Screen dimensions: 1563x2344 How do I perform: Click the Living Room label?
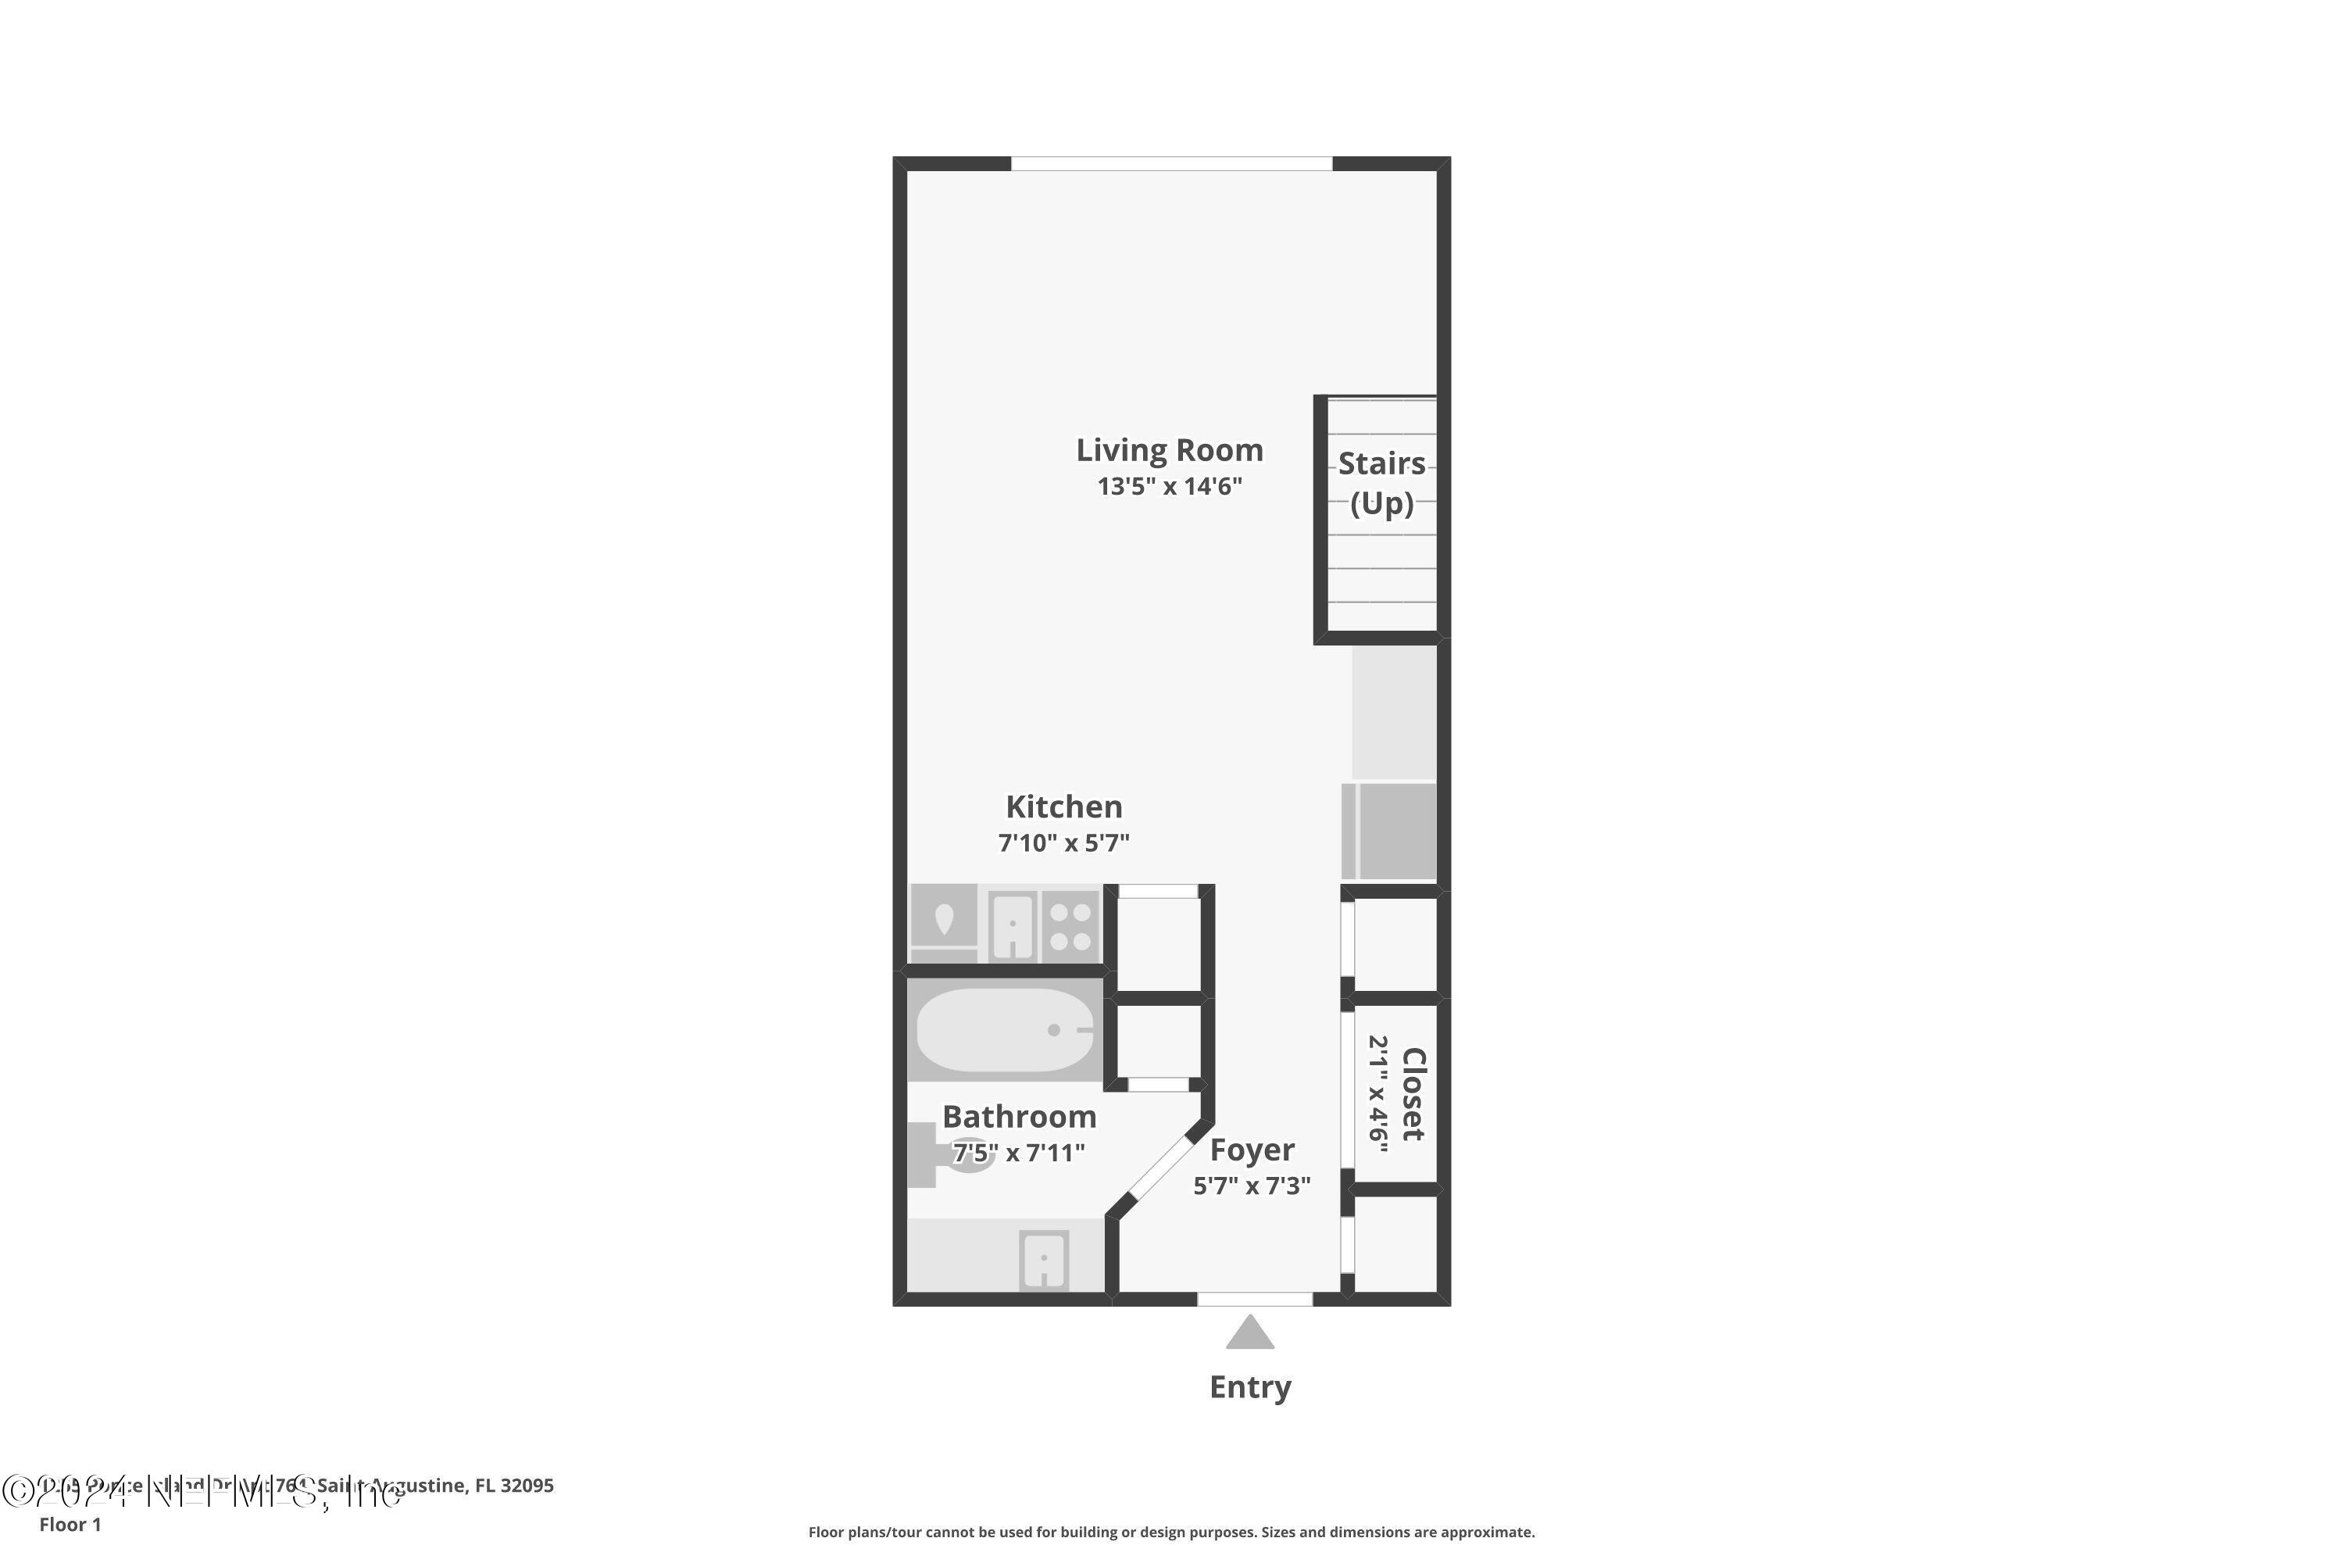pos(1169,451)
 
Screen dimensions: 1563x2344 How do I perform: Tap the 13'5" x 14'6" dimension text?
pos(1169,486)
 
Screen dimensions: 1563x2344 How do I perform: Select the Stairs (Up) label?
pos(1381,484)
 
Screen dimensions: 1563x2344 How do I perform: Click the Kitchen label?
pos(1063,807)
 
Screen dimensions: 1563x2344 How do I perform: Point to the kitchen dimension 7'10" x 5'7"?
pos(1063,843)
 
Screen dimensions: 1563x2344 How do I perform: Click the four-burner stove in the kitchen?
pos(1070,926)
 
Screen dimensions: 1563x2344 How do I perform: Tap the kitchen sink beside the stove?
pos(1012,926)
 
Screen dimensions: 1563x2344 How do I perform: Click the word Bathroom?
pos(1019,1117)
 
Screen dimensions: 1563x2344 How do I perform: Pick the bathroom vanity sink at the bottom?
pos(1043,1260)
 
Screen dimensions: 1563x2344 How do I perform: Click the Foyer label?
pos(1252,1150)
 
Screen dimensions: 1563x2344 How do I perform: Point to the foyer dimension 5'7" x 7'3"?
pos(1252,1186)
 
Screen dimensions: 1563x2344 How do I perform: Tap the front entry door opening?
pos(1254,1299)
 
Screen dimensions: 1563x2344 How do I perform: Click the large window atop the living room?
pos(1171,163)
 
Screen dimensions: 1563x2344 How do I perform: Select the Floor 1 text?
pos(70,1524)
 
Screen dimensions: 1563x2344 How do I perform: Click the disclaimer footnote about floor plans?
pos(1171,1532)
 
